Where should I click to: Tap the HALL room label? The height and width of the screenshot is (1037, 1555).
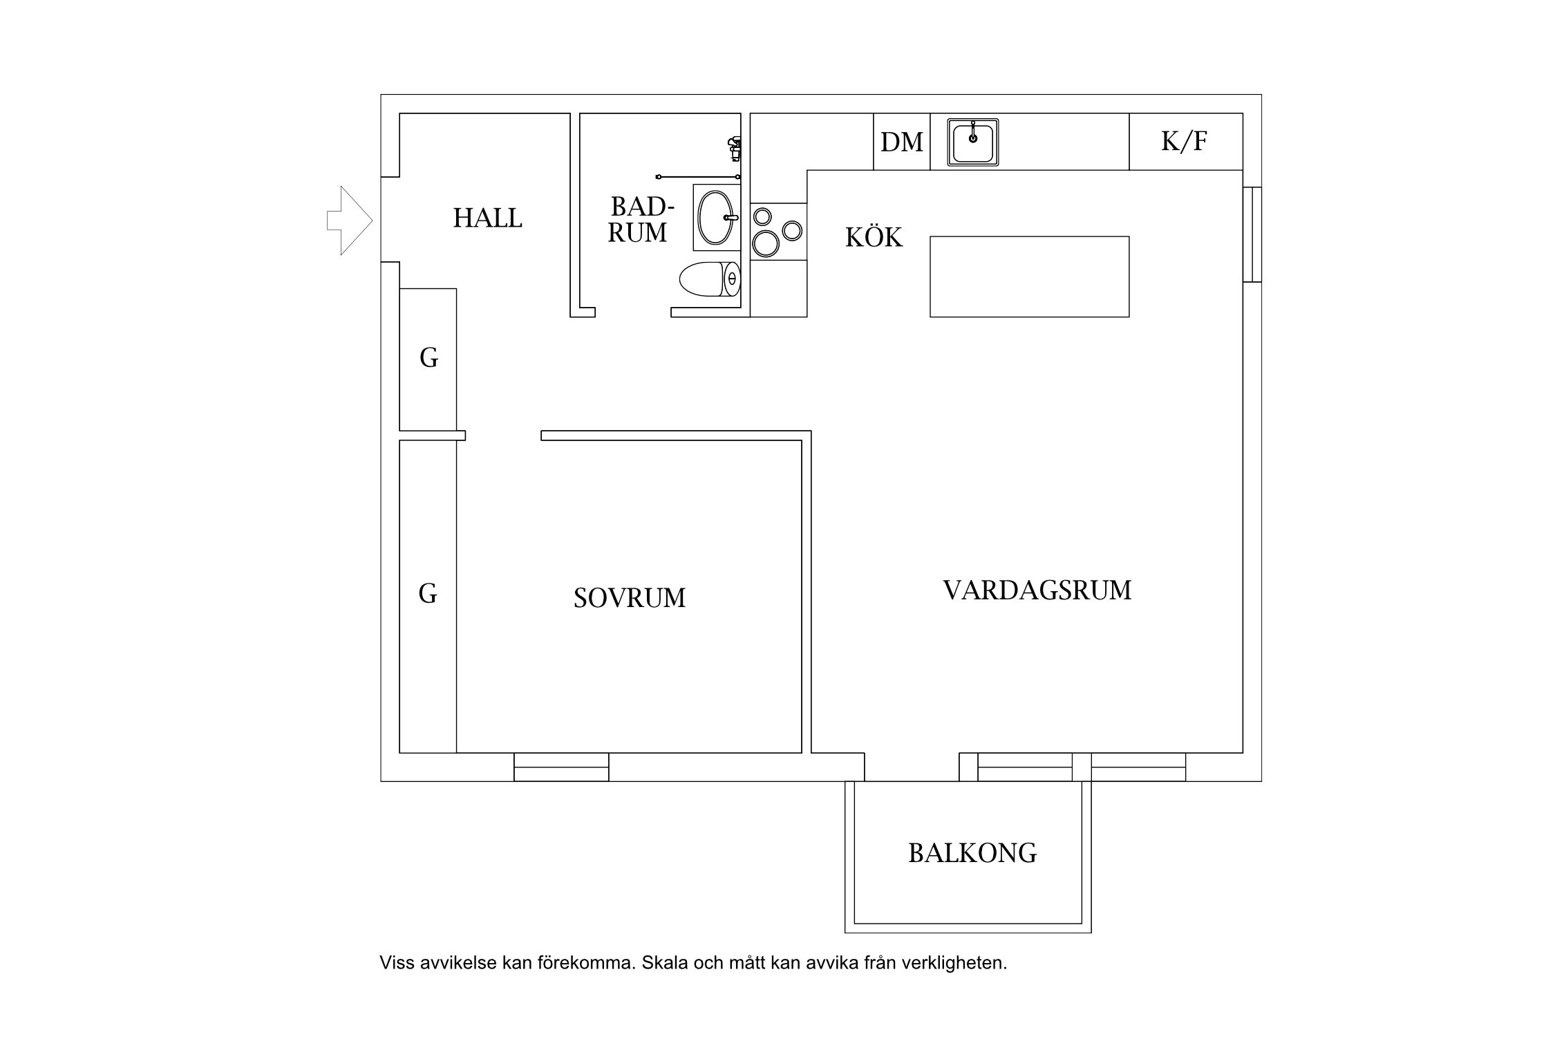tap(487, 218)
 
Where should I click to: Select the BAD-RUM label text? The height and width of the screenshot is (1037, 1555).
tap(640, 220)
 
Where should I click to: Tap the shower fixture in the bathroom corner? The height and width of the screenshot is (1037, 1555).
tap(735, 148)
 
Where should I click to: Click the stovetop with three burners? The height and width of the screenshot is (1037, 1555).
tap(778, 231)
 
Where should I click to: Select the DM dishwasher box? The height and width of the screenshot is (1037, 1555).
tap(901, 142)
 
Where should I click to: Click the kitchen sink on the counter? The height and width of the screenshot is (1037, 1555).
tap(972, 142)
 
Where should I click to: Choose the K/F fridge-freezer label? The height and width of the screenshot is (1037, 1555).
tap(1185, 142)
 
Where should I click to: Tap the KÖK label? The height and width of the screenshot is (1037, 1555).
tap(874, 238)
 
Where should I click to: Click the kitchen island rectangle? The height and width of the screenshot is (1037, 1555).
tap(1029, 277)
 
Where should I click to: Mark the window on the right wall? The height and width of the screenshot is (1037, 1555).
tap(1252, 234)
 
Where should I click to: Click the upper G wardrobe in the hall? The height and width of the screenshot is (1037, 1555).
tap(428, 359)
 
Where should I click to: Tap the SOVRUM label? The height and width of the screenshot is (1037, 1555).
tap(629, 598)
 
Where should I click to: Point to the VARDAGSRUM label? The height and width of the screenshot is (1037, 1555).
tap(1037, 590)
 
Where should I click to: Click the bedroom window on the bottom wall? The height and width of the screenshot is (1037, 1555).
tap(561, 767)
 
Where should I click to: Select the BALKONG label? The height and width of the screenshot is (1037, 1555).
tap(972, 854)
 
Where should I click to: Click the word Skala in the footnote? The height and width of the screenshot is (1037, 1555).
tap(663, 963)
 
